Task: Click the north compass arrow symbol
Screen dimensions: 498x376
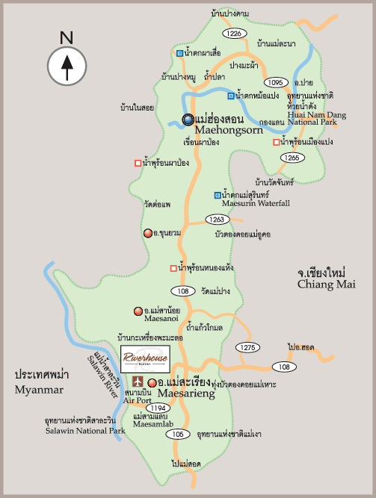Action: (x=67, y=65)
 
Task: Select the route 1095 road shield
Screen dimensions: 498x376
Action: (x=276, y=82)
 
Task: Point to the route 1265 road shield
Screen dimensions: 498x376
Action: (x=291, y=158)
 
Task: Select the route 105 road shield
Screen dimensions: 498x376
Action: (x=177, y=434)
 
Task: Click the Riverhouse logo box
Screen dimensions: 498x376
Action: (x=146, y=357)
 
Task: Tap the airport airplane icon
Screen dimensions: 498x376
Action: (x=137, y=382)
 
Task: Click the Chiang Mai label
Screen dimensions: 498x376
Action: (x=326, y=284)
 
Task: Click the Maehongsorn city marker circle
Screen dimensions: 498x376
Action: (x=188, y=119)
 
